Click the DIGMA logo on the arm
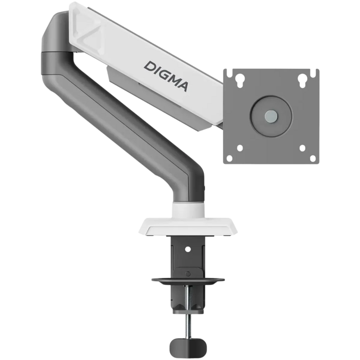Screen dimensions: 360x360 pos(166,75)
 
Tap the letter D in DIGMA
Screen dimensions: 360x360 pos(149,66)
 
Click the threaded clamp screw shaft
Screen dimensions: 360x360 pos(188,321)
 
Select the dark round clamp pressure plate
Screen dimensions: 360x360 pos(188,281)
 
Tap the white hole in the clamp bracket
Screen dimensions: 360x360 pos(188,248)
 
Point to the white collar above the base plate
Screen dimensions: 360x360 pos(188,208)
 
